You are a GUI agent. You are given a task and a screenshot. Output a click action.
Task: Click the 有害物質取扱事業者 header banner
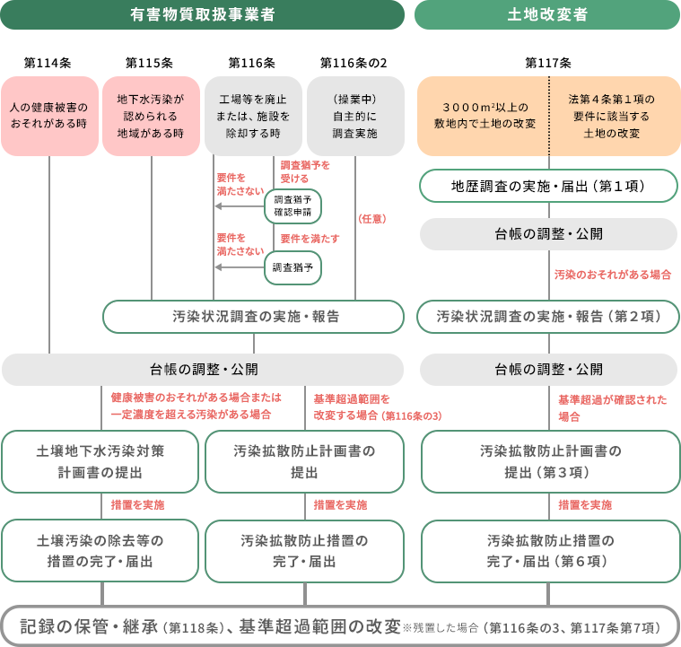tap(202, 14)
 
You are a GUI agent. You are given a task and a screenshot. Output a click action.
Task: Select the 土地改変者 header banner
tap(547, 14)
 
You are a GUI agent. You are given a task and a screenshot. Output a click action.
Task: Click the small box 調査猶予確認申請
tap(292, 205)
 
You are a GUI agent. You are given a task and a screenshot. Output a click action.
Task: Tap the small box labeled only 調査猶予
tap(292, 267)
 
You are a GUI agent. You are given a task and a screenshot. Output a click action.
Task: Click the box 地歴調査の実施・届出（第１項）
tap(548, 186)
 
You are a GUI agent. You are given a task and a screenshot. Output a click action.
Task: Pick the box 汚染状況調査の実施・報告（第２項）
tap(548, 317)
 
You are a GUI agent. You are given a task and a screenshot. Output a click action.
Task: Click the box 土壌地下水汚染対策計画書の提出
tap(100, 461)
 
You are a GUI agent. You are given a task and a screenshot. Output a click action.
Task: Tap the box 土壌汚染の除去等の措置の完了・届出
tap(100, 551)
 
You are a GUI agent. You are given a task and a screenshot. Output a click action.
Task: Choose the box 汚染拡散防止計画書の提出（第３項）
tap(550, 461)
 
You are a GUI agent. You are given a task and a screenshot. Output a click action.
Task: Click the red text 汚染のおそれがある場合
tap(612, 274)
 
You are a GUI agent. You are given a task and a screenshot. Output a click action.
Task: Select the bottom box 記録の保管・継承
tap(340, 626)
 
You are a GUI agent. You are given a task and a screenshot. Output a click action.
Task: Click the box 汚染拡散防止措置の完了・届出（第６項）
tap(550, 551)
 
